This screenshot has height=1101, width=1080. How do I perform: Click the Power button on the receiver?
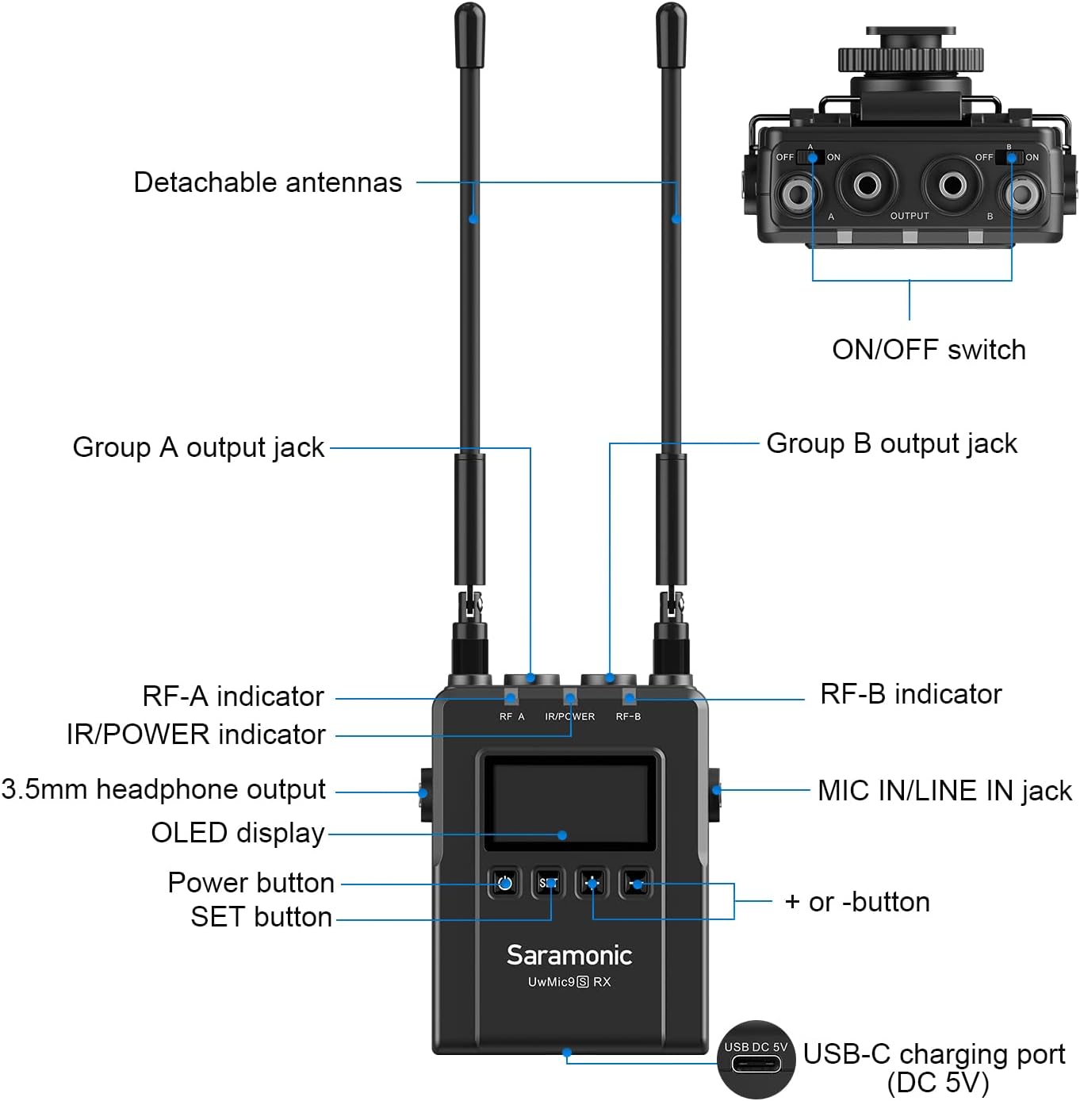point(504,884)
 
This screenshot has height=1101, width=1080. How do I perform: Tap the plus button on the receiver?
point(592,884)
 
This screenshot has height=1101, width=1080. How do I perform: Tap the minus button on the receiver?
point(636,884)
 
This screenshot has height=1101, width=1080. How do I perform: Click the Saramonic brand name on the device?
point(569,955)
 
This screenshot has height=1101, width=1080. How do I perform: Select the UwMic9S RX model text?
point(569,981)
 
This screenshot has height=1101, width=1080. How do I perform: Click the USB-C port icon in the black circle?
point(756,1064)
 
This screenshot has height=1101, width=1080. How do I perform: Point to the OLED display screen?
point(569,803)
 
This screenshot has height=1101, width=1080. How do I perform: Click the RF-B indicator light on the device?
point(629,697)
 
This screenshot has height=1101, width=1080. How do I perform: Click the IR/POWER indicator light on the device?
point(569,697)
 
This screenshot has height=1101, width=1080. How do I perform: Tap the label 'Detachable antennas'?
point(267,182)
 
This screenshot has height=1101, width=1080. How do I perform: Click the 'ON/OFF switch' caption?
point(929,350)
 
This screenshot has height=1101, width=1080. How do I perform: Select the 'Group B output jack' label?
point(891,444)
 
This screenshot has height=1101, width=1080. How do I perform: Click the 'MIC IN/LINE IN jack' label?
point(944,792)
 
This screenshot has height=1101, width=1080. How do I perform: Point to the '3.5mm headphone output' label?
point(163,789)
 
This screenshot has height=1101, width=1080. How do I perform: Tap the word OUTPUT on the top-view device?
point(910,216)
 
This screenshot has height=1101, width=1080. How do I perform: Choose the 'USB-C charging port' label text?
point(934,1054)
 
